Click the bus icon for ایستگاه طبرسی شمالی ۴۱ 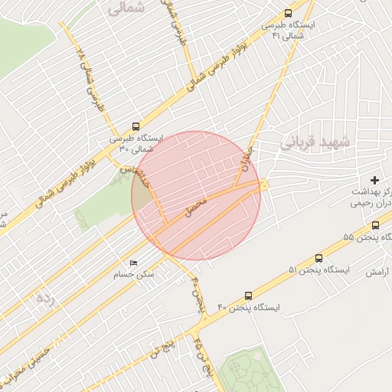(x=288, y=13)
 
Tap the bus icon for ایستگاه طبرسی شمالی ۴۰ (x=136, y=126)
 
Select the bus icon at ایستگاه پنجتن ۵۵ (x=375, y=226)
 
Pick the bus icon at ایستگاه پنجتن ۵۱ (x=318, y=258)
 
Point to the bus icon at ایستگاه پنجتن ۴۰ (x=248, y=295)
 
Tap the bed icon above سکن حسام (x=134, y=263)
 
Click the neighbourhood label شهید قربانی (x=315, y=142)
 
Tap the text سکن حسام (x=134, y=274)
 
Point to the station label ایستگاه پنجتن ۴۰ (x=249, y=307)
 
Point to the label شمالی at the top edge (x=126, y=8)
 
